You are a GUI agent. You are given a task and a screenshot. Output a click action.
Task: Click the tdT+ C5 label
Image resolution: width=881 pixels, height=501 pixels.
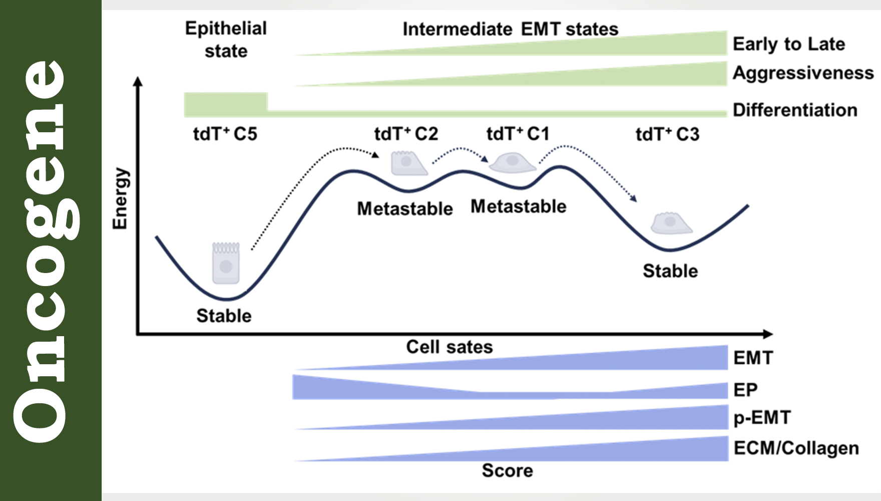click(225, 134)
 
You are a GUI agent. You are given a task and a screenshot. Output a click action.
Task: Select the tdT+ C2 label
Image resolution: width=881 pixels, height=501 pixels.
click(406, 134)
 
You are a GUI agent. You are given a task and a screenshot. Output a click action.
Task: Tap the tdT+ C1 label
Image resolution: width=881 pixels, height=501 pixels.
click(518, 134)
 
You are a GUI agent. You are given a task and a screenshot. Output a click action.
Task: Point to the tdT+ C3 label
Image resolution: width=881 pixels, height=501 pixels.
click(667, 135)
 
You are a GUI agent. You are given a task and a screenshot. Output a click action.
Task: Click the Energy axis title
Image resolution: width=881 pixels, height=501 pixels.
click(120, 198)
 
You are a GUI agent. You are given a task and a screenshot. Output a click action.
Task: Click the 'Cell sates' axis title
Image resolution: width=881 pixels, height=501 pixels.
click(449, 347)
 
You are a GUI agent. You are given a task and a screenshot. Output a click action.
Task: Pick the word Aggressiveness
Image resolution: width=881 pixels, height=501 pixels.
click(803, 73)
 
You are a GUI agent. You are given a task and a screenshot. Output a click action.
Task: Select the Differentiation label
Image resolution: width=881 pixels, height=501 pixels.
click(795, 110)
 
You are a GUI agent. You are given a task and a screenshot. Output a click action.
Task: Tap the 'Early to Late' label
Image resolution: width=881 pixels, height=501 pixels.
click(789, 44)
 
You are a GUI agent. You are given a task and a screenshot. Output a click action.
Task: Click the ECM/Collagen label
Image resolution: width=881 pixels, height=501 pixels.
click(796, 448)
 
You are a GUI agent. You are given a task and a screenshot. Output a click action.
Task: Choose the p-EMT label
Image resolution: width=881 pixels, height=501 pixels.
click(762, 418)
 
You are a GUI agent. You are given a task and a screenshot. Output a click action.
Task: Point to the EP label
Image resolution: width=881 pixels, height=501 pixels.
click(745, 390)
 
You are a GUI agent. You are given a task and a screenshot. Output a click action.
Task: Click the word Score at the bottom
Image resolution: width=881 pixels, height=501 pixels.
click(507, 470)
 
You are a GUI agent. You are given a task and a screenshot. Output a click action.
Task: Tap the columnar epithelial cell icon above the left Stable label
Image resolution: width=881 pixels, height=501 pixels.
click(226, 263)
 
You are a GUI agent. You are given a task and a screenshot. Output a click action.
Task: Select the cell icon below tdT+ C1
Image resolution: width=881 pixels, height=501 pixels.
click(512, 162)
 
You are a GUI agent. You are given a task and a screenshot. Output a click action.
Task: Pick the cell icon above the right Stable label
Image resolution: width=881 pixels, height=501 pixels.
click(671, 223)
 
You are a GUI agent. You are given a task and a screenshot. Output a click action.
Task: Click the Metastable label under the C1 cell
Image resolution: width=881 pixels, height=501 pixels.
click(518, 206)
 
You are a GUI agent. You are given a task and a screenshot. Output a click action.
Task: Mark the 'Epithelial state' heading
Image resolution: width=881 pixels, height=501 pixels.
click(226, 40)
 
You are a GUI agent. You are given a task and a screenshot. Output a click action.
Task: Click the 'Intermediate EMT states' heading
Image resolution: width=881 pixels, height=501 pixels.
click(510, 29)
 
